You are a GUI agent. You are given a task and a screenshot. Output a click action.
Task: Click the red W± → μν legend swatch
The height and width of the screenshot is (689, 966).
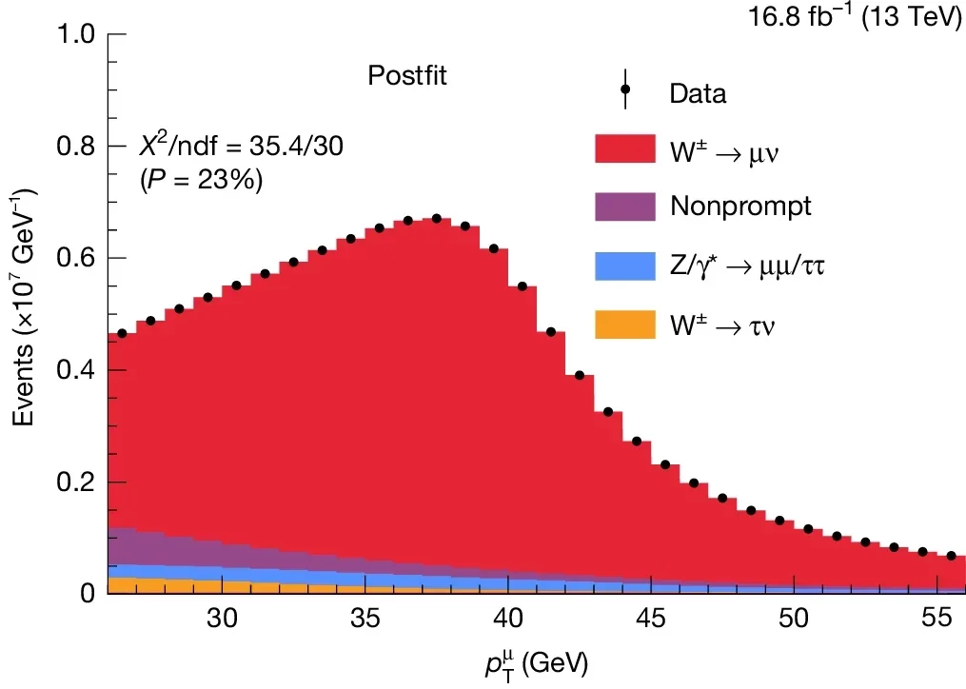[625, 148]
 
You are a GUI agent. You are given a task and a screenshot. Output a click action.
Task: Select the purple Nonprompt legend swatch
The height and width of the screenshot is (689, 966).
[625, 207]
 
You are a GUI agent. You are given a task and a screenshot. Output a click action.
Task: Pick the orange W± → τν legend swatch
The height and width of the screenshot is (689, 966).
[625, 325]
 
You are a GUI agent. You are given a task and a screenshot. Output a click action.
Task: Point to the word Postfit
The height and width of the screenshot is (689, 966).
[407, 75]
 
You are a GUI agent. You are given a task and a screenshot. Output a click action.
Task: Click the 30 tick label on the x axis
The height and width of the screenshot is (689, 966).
[222, 618]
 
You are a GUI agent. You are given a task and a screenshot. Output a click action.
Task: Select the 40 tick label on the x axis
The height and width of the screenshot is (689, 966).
[507, 618]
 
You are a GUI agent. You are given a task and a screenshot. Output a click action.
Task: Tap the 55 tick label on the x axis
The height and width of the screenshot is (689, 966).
[936, 618]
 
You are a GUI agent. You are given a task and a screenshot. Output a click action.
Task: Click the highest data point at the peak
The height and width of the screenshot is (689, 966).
[436, 218]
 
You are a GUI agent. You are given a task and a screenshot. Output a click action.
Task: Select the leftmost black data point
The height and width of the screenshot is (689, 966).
[122, 333]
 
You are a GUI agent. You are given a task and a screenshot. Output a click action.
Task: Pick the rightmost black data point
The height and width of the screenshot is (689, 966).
[950, 555]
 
